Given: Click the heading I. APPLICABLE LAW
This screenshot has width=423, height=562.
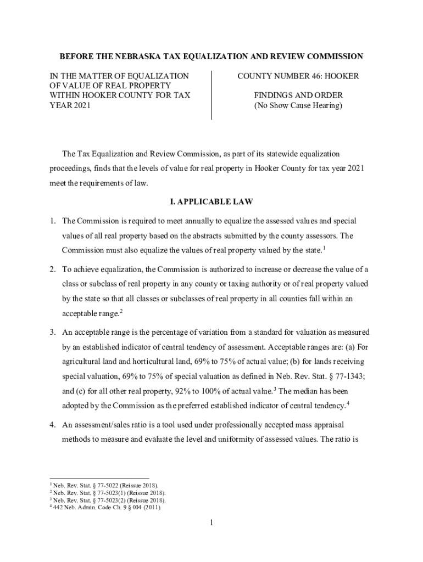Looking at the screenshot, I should click(x=211, y=202).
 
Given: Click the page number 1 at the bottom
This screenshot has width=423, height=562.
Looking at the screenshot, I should click(x=211, y=523).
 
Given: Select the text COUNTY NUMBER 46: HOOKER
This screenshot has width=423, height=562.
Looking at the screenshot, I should click(x=298, y=76).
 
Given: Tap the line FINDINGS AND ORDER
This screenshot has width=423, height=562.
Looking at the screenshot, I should click(x=298, y=95).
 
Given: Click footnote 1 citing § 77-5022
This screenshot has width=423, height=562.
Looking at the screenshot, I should click(x=105, y=486).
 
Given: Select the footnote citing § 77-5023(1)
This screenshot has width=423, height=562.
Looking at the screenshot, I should click(x=108, y=493).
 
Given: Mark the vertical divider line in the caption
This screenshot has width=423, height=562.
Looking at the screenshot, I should click(x=211, y=95).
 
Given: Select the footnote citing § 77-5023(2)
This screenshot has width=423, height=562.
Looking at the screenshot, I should click(x=108, y=500).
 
